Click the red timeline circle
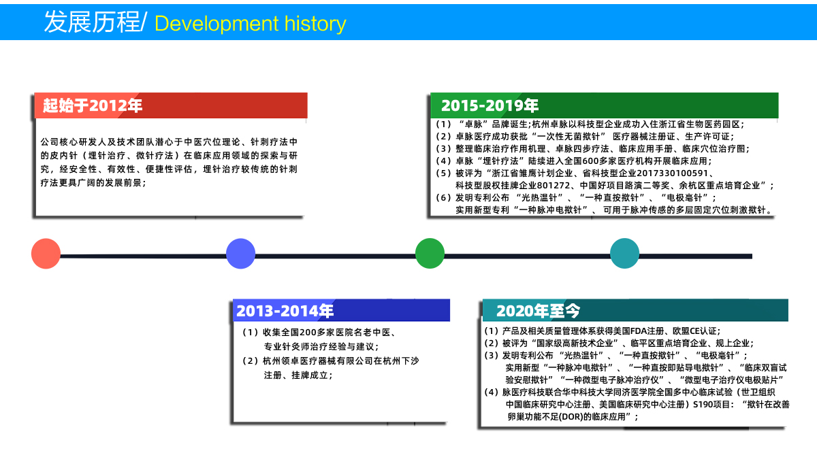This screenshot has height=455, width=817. tap(46, 254)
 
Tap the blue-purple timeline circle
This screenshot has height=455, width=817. tap(241, 254)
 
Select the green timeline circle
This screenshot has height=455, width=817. tap(430, 253)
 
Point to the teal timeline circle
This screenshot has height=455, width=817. tap(625, 253)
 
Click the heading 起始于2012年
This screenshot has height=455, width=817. tap(93, 105)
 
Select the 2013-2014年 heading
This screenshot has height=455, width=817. tap(285, 311)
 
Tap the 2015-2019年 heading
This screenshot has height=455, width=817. tap(490, 105)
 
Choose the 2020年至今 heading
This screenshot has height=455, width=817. tap(538, 311)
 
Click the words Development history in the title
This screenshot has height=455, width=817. tap(251, 24)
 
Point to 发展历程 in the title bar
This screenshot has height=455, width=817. tap(91, 22)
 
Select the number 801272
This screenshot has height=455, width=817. tap(554, 186)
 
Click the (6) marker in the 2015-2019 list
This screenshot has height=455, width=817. tap(443, 197)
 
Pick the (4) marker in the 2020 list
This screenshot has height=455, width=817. tap(492, 392)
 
